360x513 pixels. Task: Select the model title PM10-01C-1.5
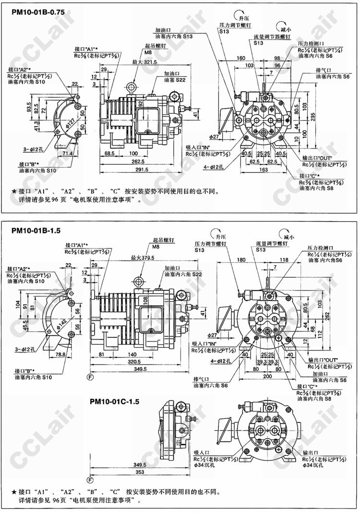click(114, 401)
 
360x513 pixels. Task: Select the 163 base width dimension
click(263, 170)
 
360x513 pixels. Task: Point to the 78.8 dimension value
click(61, 354)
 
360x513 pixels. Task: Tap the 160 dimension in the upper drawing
click(240, 58)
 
